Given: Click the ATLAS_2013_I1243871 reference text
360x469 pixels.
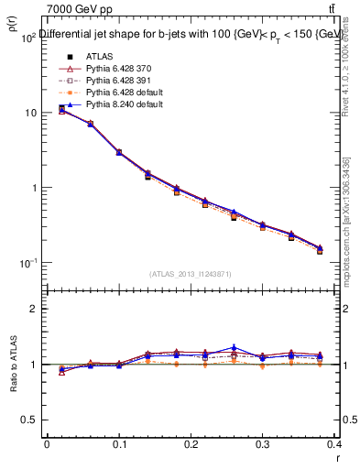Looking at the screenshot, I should (x=190, y=274).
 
